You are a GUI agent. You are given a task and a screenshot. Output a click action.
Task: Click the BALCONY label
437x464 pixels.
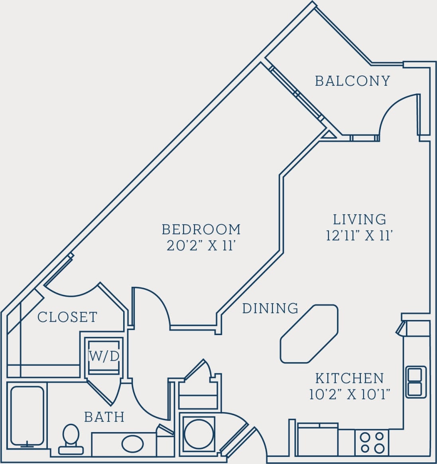click(x=352, y=81)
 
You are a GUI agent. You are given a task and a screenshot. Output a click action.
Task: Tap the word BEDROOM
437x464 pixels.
click(x=201, y=229)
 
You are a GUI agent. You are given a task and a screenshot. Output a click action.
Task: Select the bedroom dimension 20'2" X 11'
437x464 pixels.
click(x=199, y=246)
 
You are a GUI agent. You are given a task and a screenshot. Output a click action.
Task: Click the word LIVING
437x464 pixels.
click(x=360, y=219)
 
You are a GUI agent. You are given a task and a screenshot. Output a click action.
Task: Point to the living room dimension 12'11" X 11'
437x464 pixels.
click(x=360, y=236)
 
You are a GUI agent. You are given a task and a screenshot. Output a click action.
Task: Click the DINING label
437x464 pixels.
click(x=270, y=308)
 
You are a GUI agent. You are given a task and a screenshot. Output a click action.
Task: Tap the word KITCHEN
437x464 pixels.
click(x=349, y=378)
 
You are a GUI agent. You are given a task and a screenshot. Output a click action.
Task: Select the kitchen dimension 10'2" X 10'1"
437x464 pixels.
click(x=349, y=394)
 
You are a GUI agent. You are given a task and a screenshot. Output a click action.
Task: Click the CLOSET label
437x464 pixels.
click(x=67, y=317)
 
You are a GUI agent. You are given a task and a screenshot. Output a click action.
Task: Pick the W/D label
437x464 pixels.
click(x=104, y=356)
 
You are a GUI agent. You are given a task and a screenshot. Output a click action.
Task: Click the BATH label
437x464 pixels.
click(x=104, y=417)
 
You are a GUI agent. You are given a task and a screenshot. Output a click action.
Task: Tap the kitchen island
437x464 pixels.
click(x=309, y=334)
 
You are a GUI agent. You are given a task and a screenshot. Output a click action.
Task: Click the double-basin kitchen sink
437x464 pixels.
click(x=415, y=382)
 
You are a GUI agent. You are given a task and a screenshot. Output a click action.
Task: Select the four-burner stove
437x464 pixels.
click(x=372, y=442)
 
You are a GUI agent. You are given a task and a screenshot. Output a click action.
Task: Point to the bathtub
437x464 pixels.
click(x=27, y=415)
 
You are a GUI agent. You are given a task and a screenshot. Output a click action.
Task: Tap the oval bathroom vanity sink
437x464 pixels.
click(x=132, y=443)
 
